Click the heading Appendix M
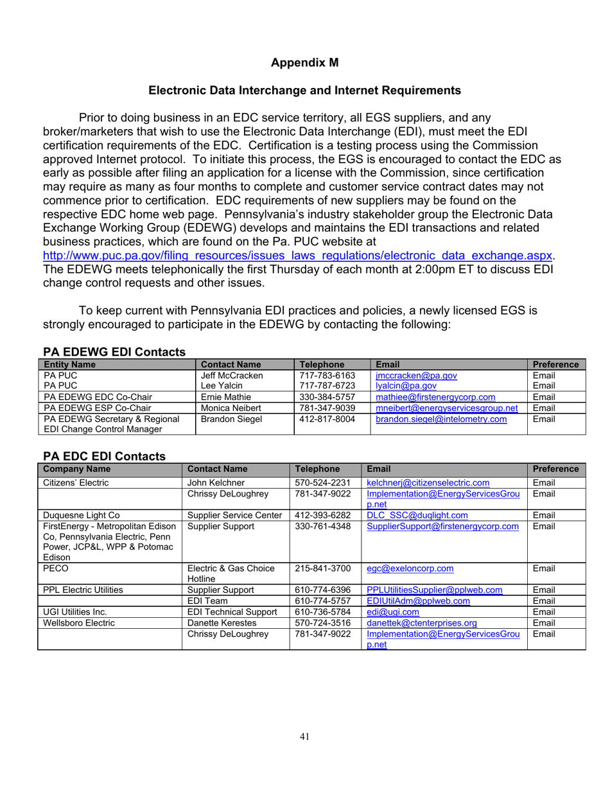coord(304,62)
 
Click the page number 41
coord(304,737)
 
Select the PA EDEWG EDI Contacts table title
coord(114,351)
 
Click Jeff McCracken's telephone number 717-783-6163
coord(327,375)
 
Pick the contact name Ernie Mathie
coord(224,397)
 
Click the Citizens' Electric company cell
coord(75,483)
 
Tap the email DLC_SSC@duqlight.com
coord(417,515)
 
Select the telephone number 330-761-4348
coord(321,527)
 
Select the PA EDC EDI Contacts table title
coord(104,456)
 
